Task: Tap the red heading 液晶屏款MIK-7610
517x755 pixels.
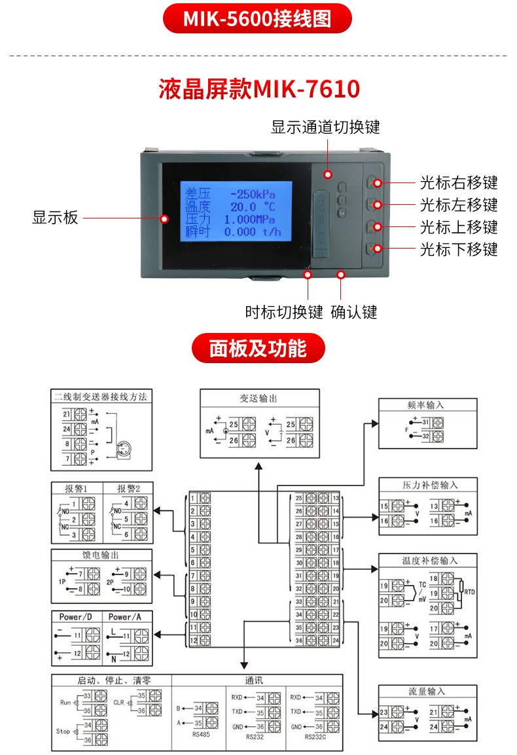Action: tap(259, 89)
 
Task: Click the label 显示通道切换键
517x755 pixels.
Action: tap(325, 127)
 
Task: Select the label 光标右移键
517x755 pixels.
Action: tap(459, 183)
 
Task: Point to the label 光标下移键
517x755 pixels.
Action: tap(459, 249)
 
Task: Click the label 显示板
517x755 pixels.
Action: tap(55, 218)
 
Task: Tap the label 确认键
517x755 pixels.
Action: tap(354, 312)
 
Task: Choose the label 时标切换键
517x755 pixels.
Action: tap(284, 312)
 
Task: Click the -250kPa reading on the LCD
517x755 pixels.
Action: tap(252, 194)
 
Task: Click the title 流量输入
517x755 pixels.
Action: tap(426, 692)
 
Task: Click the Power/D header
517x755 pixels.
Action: tap(76, 617)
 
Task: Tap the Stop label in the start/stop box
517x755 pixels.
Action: tap(63, 731)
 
